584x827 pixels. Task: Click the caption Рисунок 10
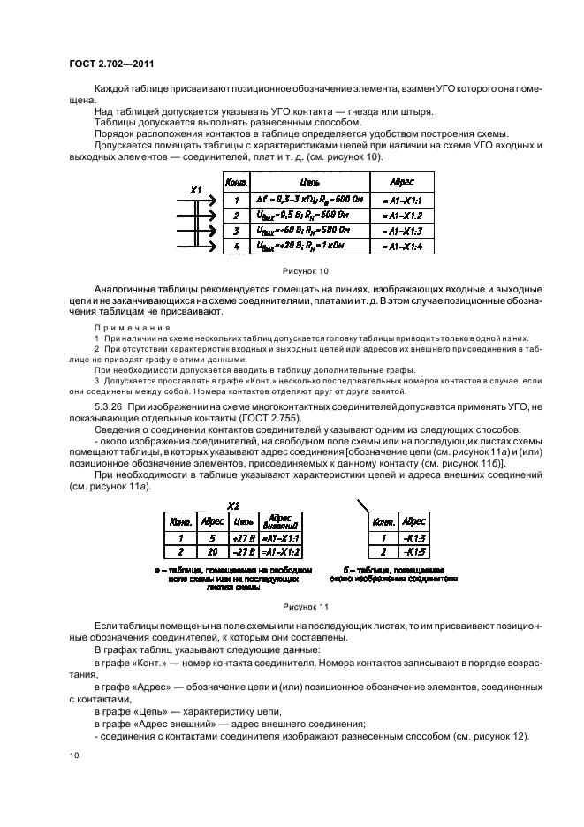[304, 271]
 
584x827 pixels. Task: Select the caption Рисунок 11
[304, 607]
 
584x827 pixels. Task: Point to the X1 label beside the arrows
[196, 189]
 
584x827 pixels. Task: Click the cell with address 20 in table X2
[212, 551]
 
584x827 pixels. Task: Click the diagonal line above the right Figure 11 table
[363, 506]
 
